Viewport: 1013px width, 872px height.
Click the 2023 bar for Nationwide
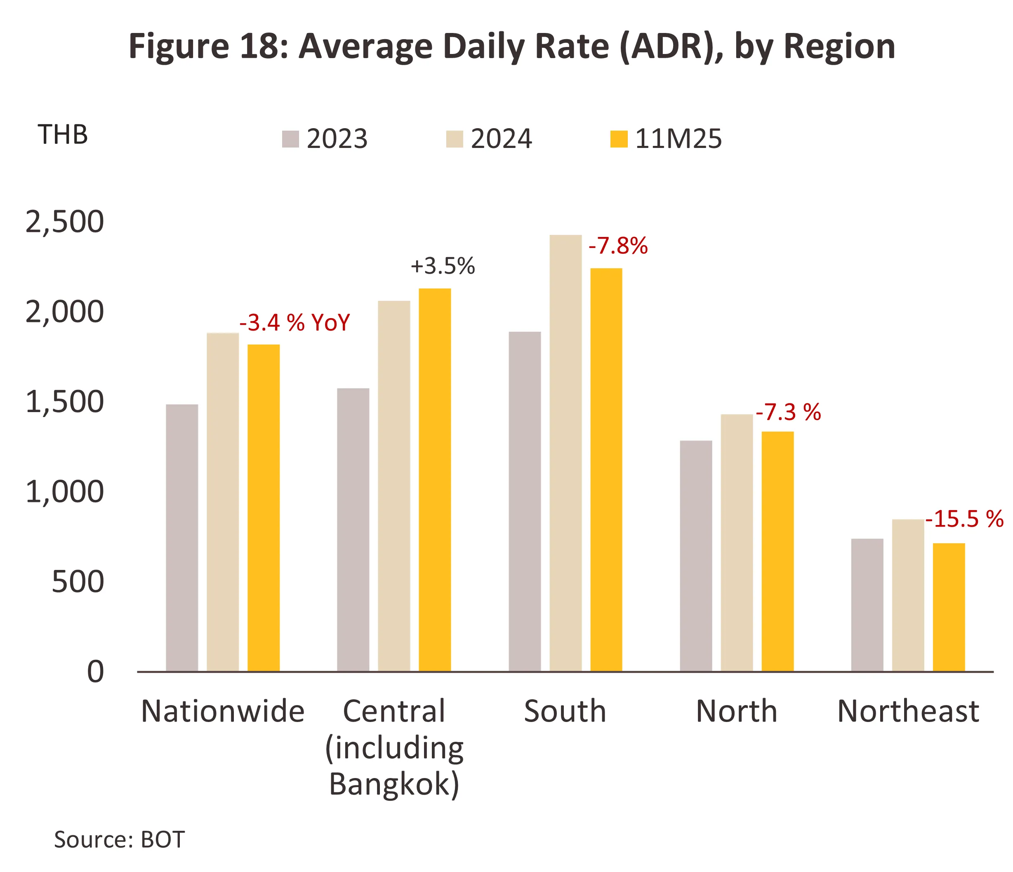tap(182, 537)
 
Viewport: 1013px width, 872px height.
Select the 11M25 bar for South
tap(606, 469)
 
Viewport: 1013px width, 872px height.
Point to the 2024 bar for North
tap(736, 542)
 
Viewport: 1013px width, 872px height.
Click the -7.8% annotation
tap(618, 246)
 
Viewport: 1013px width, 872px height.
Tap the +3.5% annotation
tap(443, 266)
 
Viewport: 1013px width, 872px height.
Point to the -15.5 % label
tap(964, 519)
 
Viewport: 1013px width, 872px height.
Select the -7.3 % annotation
tap(788, 413)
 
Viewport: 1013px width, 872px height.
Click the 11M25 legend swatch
tap(618, 139)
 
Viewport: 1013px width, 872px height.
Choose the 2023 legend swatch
tap(290, 139)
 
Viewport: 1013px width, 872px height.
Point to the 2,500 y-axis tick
tap(64, 222)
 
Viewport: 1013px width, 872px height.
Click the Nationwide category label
tap(222, 711)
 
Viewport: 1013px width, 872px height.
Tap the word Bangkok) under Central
tap(394, 784)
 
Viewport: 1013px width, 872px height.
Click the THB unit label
tap(63, 135)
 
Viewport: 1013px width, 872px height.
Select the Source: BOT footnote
tap(119, 840)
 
